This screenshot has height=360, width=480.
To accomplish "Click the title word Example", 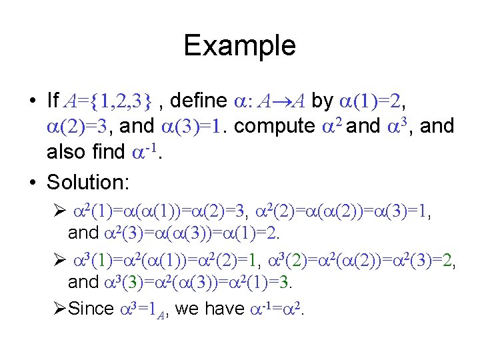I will [239, 46].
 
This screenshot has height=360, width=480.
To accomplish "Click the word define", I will [197, 101].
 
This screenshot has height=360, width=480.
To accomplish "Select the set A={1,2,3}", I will [111, 101].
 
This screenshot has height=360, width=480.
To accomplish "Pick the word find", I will [105, 152].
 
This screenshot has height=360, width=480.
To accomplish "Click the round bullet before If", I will [32, 101].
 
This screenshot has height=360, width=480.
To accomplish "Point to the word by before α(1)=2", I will [323, 101].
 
